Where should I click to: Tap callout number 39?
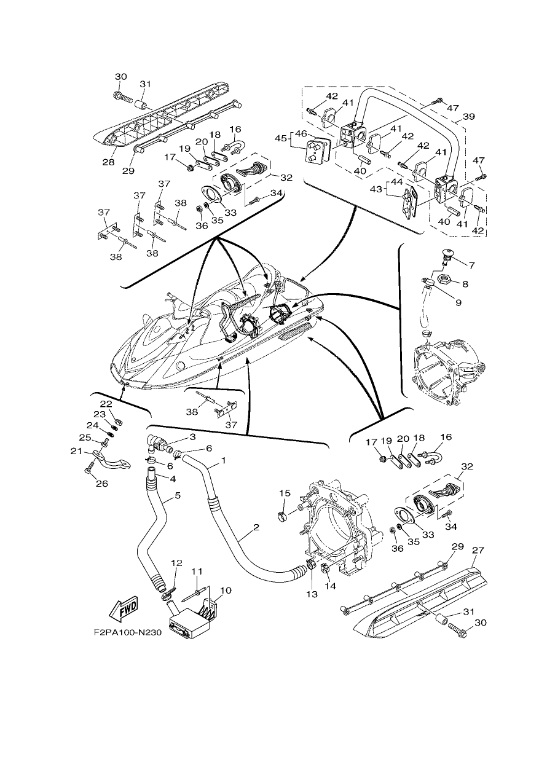click(468, 117)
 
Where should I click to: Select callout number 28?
click(109, 162)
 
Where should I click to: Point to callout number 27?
click(478, 550)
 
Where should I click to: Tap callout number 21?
click(77, 452)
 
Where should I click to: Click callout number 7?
click(471, 265)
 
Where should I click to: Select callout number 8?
click(465, 283)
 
